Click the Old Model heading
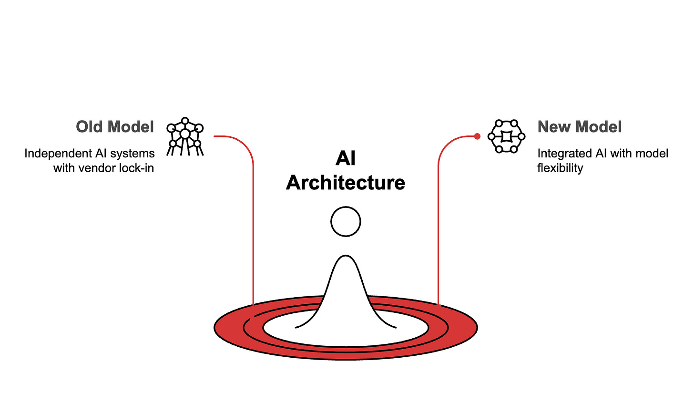[x=115, y=127]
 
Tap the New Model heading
[x=579, y=127]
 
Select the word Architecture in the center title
[x=346, y=183]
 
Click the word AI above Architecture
[x=346, y=158]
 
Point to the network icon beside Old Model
[x=185, y=136]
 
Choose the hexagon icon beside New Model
[x=506, y=136]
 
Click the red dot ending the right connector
[x=477, y=136]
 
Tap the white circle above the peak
[x=346, y=221]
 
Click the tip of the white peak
[x=346, y=258]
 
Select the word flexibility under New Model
[x=560, y=168]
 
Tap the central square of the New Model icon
[x=506, y=136]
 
